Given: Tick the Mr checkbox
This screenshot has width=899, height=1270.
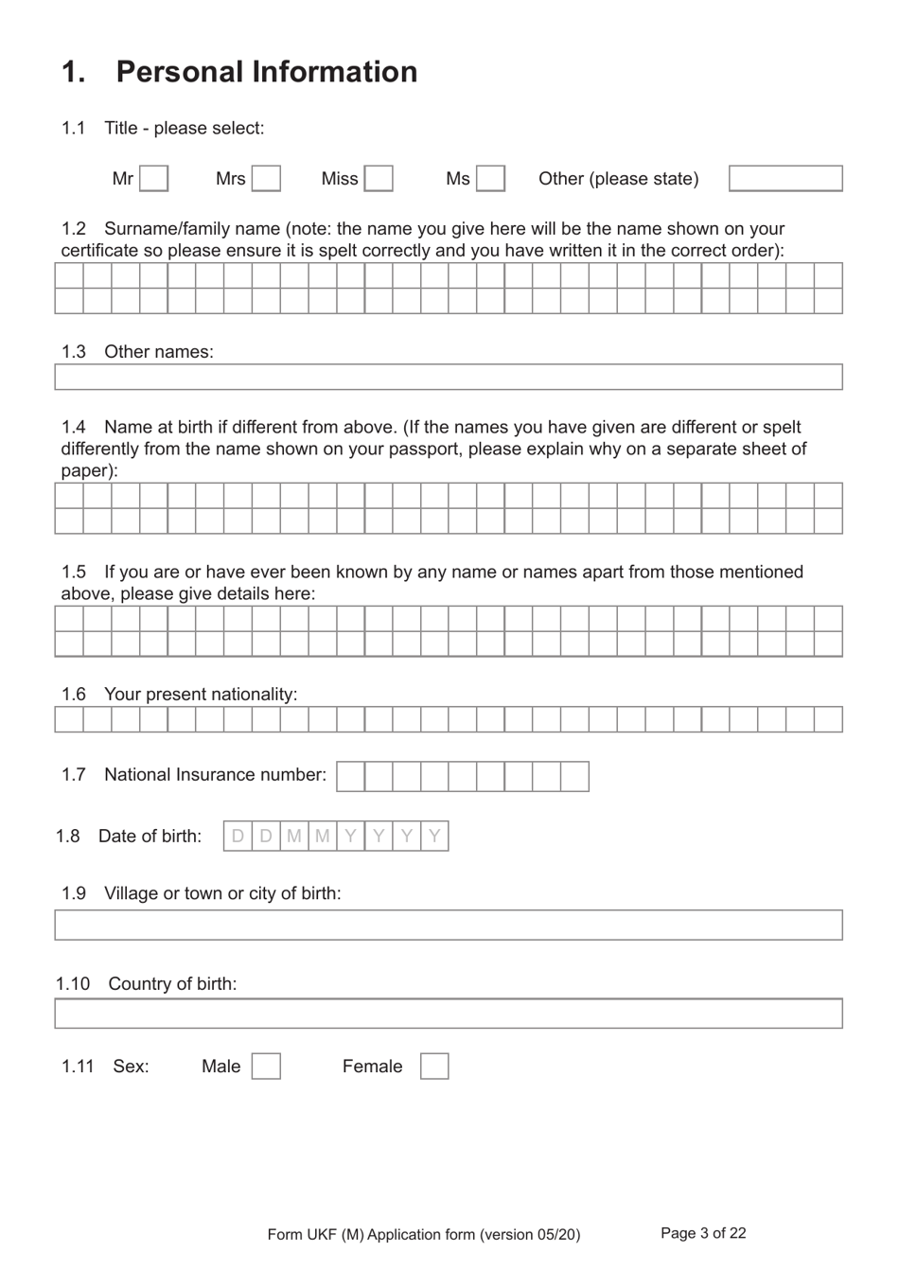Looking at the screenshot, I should (x=154, y=179).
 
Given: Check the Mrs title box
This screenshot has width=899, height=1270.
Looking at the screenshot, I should (x=266, y=179).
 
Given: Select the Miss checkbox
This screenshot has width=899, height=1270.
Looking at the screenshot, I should (x=379, y=179).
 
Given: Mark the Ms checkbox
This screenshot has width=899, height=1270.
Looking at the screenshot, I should (x=490, y=179).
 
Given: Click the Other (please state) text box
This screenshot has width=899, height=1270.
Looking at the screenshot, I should (x=785, y=179).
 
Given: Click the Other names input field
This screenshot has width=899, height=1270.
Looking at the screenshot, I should (x=448, y=377).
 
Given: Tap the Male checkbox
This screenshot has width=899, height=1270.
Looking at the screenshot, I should (x=266, y=1067).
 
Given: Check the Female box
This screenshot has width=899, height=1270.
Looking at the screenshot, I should (x=434, y=1067).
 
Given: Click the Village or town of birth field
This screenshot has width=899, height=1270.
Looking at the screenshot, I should (x=448, y=925).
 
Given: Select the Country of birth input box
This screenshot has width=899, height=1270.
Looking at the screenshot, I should (x=448, y=1014).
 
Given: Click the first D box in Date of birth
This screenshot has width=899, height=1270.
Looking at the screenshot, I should (x=238, y=837).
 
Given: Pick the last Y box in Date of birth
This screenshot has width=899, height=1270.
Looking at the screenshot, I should (x=434, y=837).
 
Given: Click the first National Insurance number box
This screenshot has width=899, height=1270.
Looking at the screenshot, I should (x=350, y=776).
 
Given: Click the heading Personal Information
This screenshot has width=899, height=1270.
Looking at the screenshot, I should (x=266, y=72).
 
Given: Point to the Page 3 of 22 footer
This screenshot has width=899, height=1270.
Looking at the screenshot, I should (x=703, y=1233).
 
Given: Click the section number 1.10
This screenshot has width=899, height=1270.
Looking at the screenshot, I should (x=73, y=984).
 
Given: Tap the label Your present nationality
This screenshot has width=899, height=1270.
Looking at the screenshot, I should (x=201, y=695).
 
